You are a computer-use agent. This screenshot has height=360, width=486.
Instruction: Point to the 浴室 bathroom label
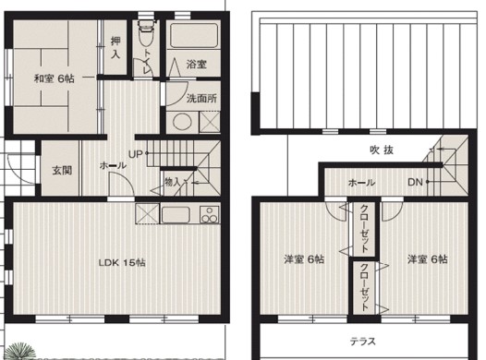pos(196,65)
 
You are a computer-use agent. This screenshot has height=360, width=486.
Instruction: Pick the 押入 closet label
pos(115,48)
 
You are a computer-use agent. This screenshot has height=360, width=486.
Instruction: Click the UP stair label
pos(135,154)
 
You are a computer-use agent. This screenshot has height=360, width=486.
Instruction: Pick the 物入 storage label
pos(172,182)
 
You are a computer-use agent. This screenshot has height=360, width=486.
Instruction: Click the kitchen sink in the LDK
pos(175,216)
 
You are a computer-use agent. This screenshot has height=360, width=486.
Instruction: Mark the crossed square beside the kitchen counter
pos(148,215)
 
